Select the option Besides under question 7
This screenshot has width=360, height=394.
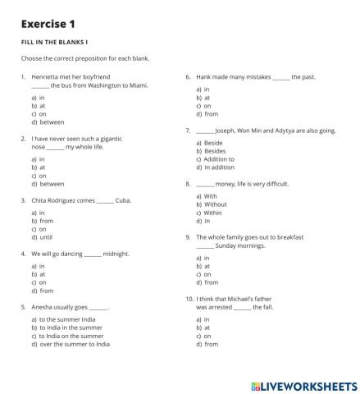pyautogui.click(x=211, y=151)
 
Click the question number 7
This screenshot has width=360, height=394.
pyautogui.click(x=189, y=131)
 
